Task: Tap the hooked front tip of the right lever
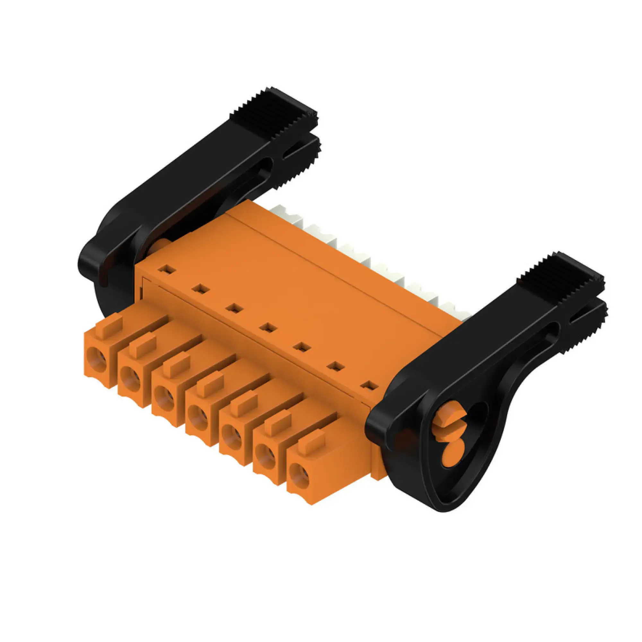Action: click(377, 429)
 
